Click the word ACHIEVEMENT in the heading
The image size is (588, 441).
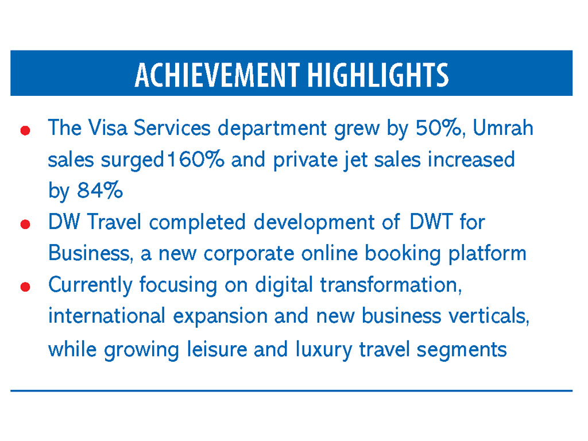click(217, 75)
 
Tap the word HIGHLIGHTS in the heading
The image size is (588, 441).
click(377, 75)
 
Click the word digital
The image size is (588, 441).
click(284, 285)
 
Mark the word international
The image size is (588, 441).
click(107, 316)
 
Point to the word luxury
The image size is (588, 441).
click(324, 349)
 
